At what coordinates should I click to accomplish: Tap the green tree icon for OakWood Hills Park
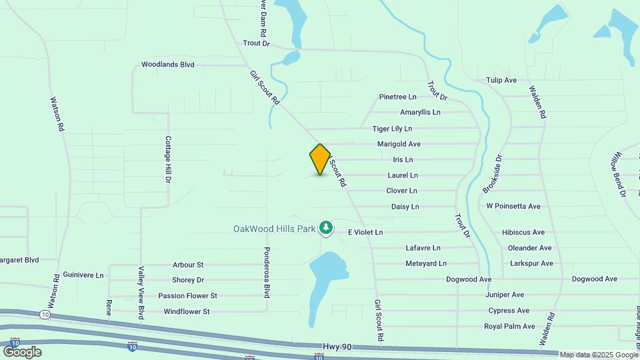coord(326,229)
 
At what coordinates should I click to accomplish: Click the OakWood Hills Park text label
coord(274,229)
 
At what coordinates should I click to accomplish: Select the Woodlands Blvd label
coord(167,65)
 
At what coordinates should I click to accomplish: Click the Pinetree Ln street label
coord(397,97)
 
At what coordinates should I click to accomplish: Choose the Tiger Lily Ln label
coord(392,128)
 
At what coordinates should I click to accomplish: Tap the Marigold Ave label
coord(399,144)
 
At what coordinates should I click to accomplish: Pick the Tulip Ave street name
coord(501,80)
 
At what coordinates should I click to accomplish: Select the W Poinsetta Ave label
coord(513,206)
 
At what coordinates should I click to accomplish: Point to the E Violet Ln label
coord(365,232)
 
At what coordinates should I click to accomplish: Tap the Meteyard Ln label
coord(426,263)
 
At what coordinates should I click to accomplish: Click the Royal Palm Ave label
coord(510,326)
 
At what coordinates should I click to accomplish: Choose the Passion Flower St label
coord(187,295)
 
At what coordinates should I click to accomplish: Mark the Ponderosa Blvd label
coord(267,273)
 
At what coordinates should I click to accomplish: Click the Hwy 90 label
coord(337,347)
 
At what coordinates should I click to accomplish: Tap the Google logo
coord(22,351)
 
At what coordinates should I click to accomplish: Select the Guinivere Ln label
coord(83,275)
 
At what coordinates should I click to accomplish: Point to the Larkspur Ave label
coord(531,263)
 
